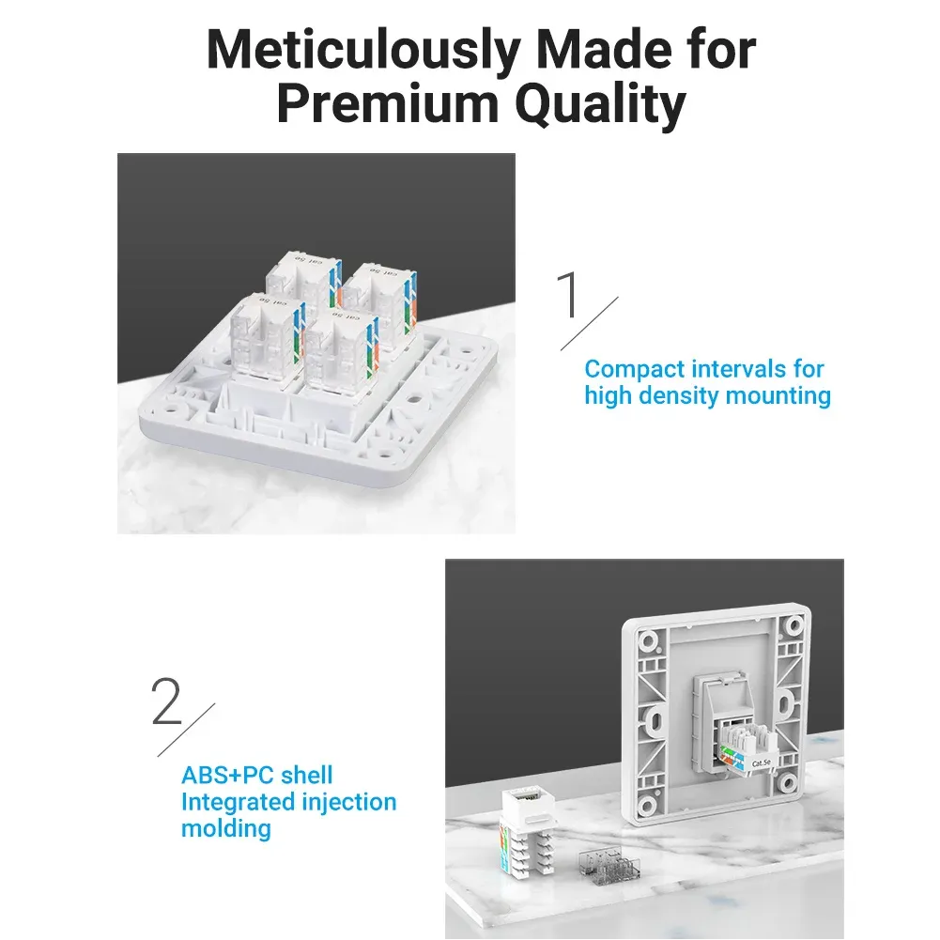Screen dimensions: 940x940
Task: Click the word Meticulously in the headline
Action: [363, 50]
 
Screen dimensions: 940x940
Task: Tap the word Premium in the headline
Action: [388, 104]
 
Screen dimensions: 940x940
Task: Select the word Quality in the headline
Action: [600, 104]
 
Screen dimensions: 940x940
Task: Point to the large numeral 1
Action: [569, 294]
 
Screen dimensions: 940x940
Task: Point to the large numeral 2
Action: [166, 701]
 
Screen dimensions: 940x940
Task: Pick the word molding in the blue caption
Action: [226, 829]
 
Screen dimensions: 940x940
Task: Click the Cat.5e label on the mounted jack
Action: [761, 763]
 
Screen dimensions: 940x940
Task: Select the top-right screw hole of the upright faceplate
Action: [794, 625]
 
